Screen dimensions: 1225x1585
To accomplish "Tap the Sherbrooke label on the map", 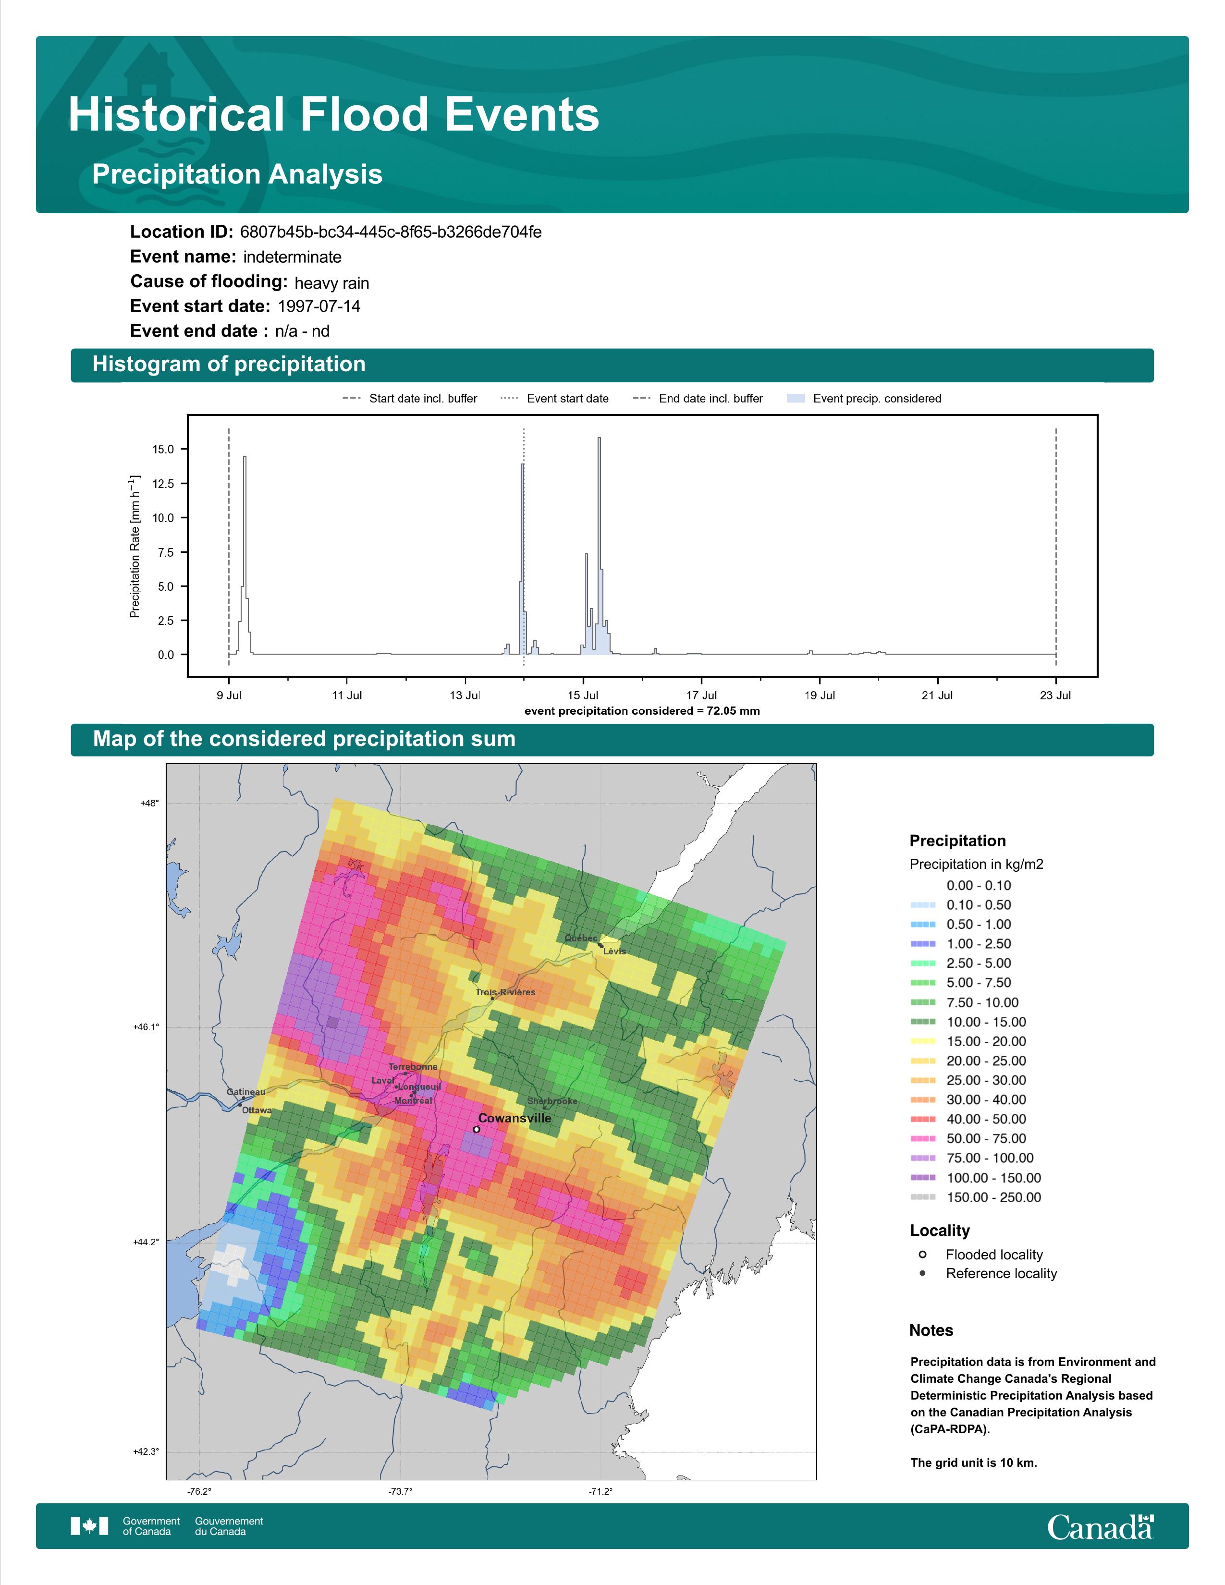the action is click(x=552, y=1101).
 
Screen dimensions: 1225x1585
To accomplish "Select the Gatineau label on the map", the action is click(x=246, y=1092).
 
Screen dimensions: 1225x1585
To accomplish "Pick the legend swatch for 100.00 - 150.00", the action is click(x=922, y=1178).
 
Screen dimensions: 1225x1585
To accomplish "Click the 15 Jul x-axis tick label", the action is click(x=583, y=695).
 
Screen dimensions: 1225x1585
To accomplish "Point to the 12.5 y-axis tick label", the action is click(x=162, y=483).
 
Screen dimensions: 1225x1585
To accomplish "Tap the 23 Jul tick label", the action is click(x=1055, y=695).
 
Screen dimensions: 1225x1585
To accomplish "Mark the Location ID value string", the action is click(x=391, y=232).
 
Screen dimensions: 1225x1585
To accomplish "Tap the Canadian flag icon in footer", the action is click(x=89, y=1526).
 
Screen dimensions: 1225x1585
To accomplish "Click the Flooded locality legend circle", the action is click(x=922, y=1254).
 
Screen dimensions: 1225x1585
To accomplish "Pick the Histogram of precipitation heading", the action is click(x=229, y=365).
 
